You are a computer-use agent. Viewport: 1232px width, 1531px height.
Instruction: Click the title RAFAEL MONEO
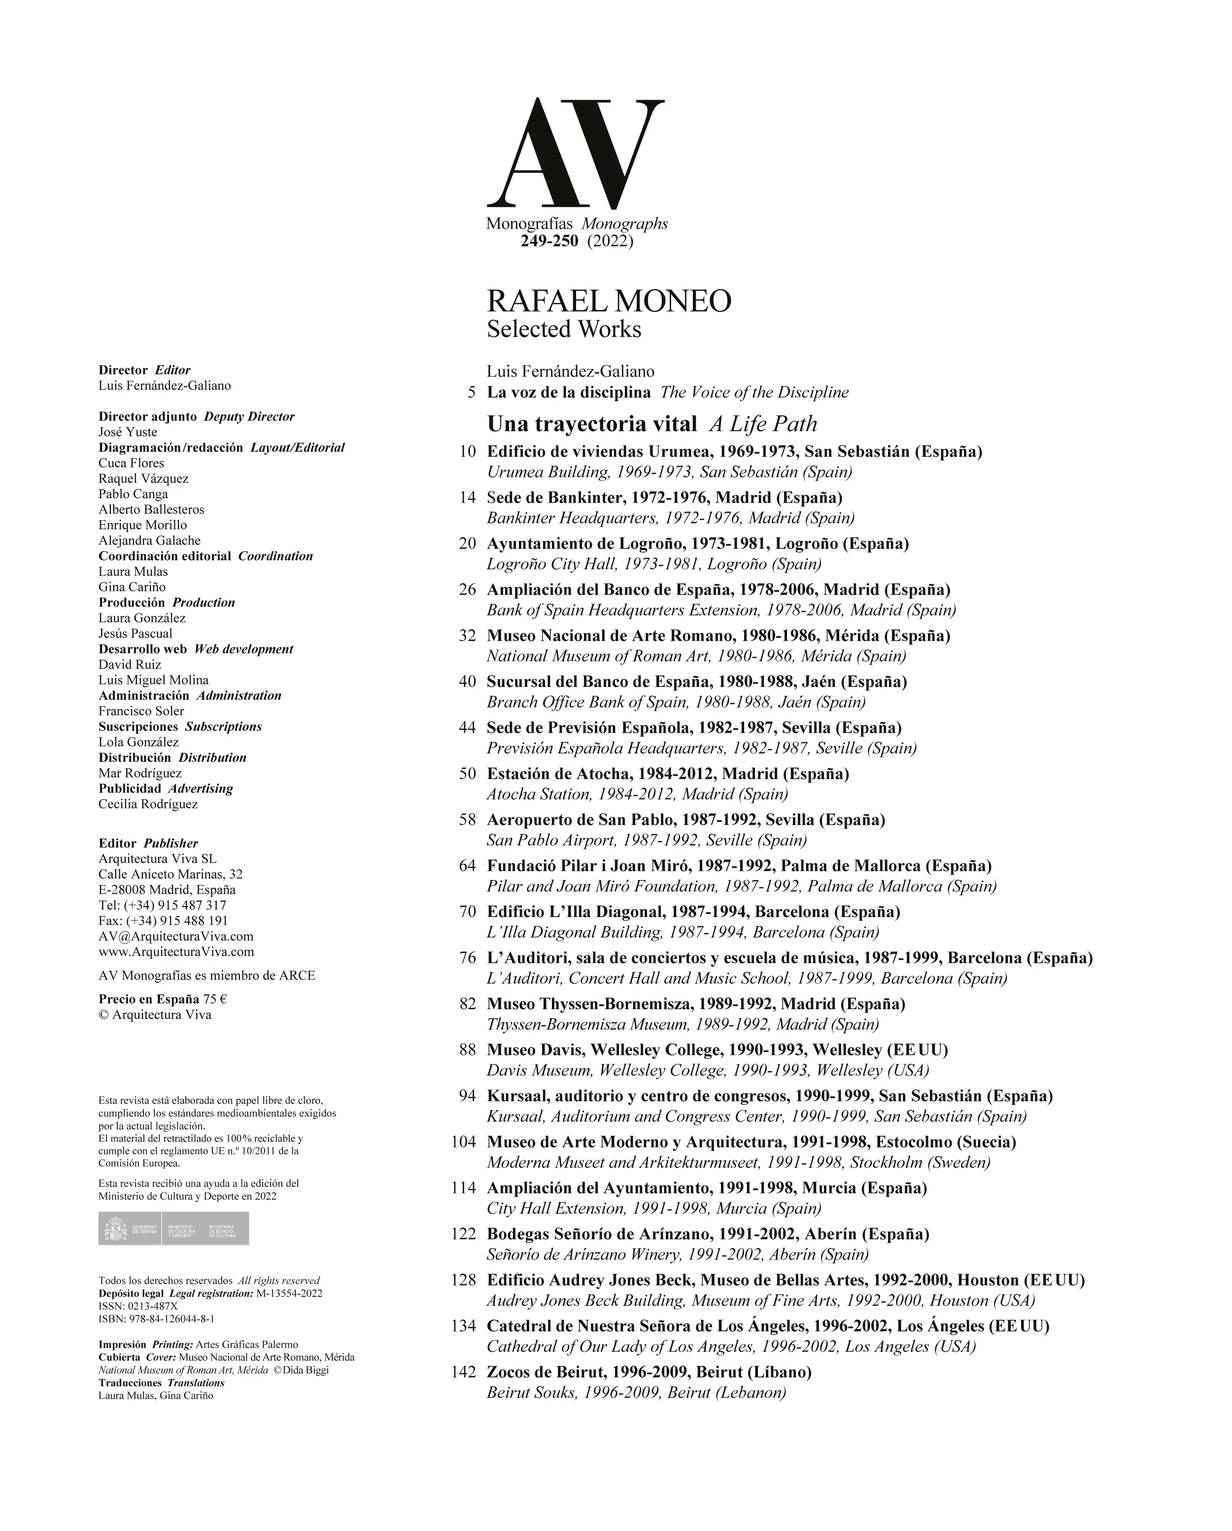click(609, 301)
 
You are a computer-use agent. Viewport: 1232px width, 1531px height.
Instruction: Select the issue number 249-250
click(549, 241)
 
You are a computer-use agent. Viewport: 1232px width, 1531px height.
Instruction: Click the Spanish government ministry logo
click(173, 1228)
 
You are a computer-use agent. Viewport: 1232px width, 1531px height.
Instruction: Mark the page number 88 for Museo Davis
click(467, 1050)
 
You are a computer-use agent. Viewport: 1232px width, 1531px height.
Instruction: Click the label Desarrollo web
click(143, 649)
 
